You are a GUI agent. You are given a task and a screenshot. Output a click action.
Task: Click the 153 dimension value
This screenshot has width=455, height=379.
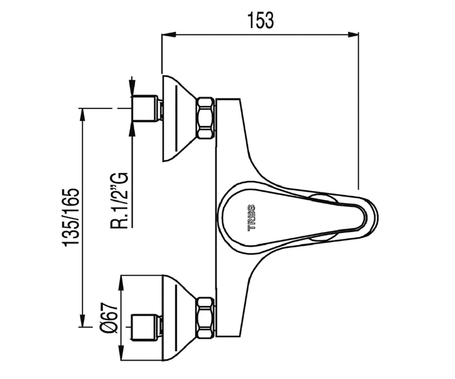click(x=260, y=21)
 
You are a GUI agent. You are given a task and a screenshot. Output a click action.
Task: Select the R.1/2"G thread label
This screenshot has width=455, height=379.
click(x=119, y=200)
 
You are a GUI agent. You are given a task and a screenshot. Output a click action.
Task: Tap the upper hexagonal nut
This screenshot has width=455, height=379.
click(x=206, y=118)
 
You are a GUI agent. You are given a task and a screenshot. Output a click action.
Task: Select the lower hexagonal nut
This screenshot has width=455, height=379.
click(x=206, y=318)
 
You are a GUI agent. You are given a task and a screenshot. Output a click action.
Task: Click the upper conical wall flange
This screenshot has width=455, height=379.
click(x=180, y=119)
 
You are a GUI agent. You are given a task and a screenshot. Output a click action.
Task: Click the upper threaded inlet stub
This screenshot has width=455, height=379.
click(x=146, y=108)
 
